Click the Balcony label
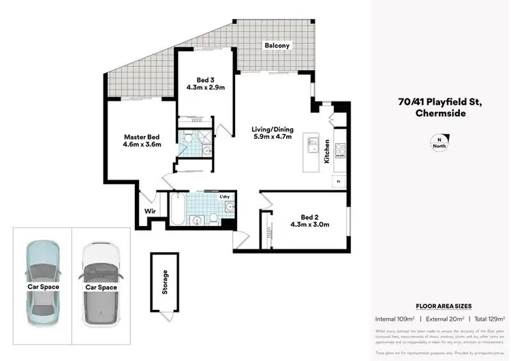click(x=277, y=46)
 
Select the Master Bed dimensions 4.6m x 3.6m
click(x=142, y=144)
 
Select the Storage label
click(x=165, y=281)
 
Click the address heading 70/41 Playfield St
click(x=441, y=102)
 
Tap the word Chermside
click(x=441, y=114)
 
